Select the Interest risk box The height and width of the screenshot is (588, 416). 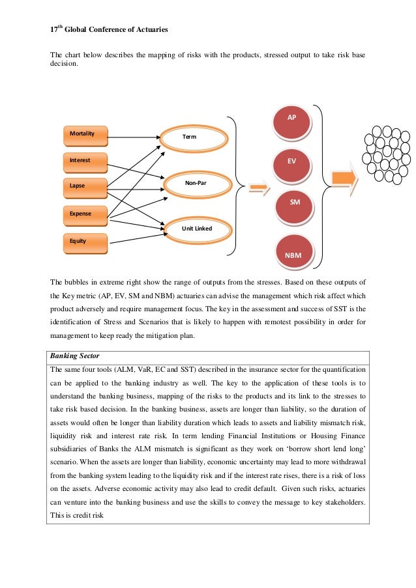pos(84,160)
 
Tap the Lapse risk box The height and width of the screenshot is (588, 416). pos(84,187)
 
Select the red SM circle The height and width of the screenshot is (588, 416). pos(295,204)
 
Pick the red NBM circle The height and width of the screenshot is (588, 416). pos(293,254)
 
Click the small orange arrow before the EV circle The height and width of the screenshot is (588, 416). pos(260,189)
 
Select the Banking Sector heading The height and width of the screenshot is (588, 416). pos(77,357)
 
